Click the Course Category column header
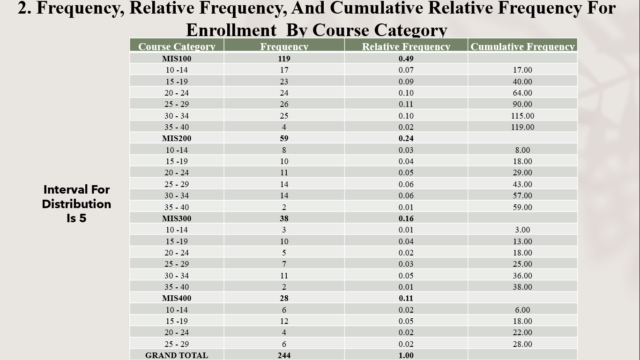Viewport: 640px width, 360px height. pos(177,46)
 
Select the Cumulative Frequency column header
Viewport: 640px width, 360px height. pos(522,46)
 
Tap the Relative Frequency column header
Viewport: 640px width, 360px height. pos(406,46)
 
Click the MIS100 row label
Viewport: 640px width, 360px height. pos(177,59)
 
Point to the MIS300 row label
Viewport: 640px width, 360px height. pos(177,218)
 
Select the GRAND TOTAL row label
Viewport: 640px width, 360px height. pos(177,355)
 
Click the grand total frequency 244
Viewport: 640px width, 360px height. pos(284,355)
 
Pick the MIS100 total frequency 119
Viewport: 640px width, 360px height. pos(284,59)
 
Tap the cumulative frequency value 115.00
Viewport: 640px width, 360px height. pos(522,116)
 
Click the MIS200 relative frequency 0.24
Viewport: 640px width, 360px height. pos(406,138)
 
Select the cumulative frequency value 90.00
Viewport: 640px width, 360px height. pos(522,104)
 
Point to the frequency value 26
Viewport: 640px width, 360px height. pos(284,104)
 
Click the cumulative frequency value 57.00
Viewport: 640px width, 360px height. pos(522,195)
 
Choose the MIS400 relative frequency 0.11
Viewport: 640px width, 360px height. pos(406,298)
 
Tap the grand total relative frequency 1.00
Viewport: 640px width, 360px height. pos(406,355)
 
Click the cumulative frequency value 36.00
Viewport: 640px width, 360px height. pos(522,276)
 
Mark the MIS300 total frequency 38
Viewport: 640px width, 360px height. pos(284,218)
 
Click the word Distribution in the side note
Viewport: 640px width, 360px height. pos(76,204)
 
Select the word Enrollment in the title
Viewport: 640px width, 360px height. pos(231,30)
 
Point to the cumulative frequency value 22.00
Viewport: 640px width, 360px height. pos(522,332)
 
